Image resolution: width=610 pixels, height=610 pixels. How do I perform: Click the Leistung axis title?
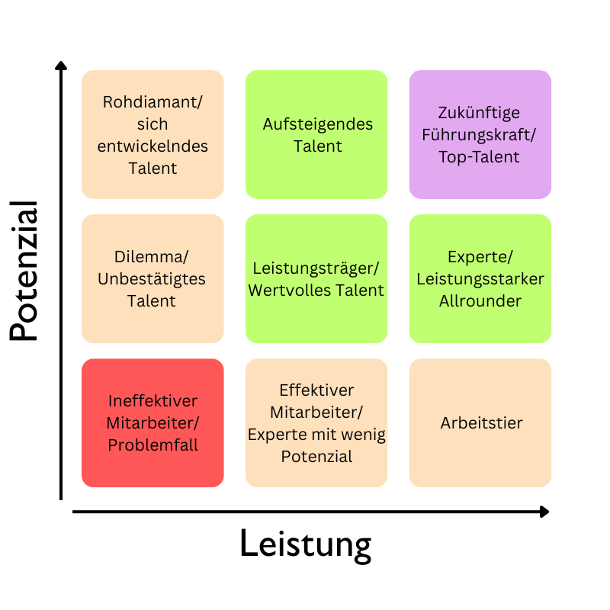click(306, 545)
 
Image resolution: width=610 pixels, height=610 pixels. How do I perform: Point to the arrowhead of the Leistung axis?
click(544, 512)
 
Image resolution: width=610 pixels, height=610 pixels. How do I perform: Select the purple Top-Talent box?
click(480, 134)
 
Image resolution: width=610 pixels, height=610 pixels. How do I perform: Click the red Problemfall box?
click(152, 422)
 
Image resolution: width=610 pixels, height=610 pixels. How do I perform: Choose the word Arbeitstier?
click(481, 422)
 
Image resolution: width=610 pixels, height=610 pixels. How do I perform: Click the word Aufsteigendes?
click(316, 124)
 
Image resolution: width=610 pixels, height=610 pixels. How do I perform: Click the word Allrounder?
click(480, 300)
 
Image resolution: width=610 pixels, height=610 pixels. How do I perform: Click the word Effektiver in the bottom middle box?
click(316, 390)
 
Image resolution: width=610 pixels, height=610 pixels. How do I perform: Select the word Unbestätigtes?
click(152, 279)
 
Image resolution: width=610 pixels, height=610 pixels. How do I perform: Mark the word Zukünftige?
click(480, 113)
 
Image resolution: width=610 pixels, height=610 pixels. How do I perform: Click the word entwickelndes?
click(152, 146)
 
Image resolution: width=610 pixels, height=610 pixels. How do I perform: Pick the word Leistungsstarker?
click(480, 279)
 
